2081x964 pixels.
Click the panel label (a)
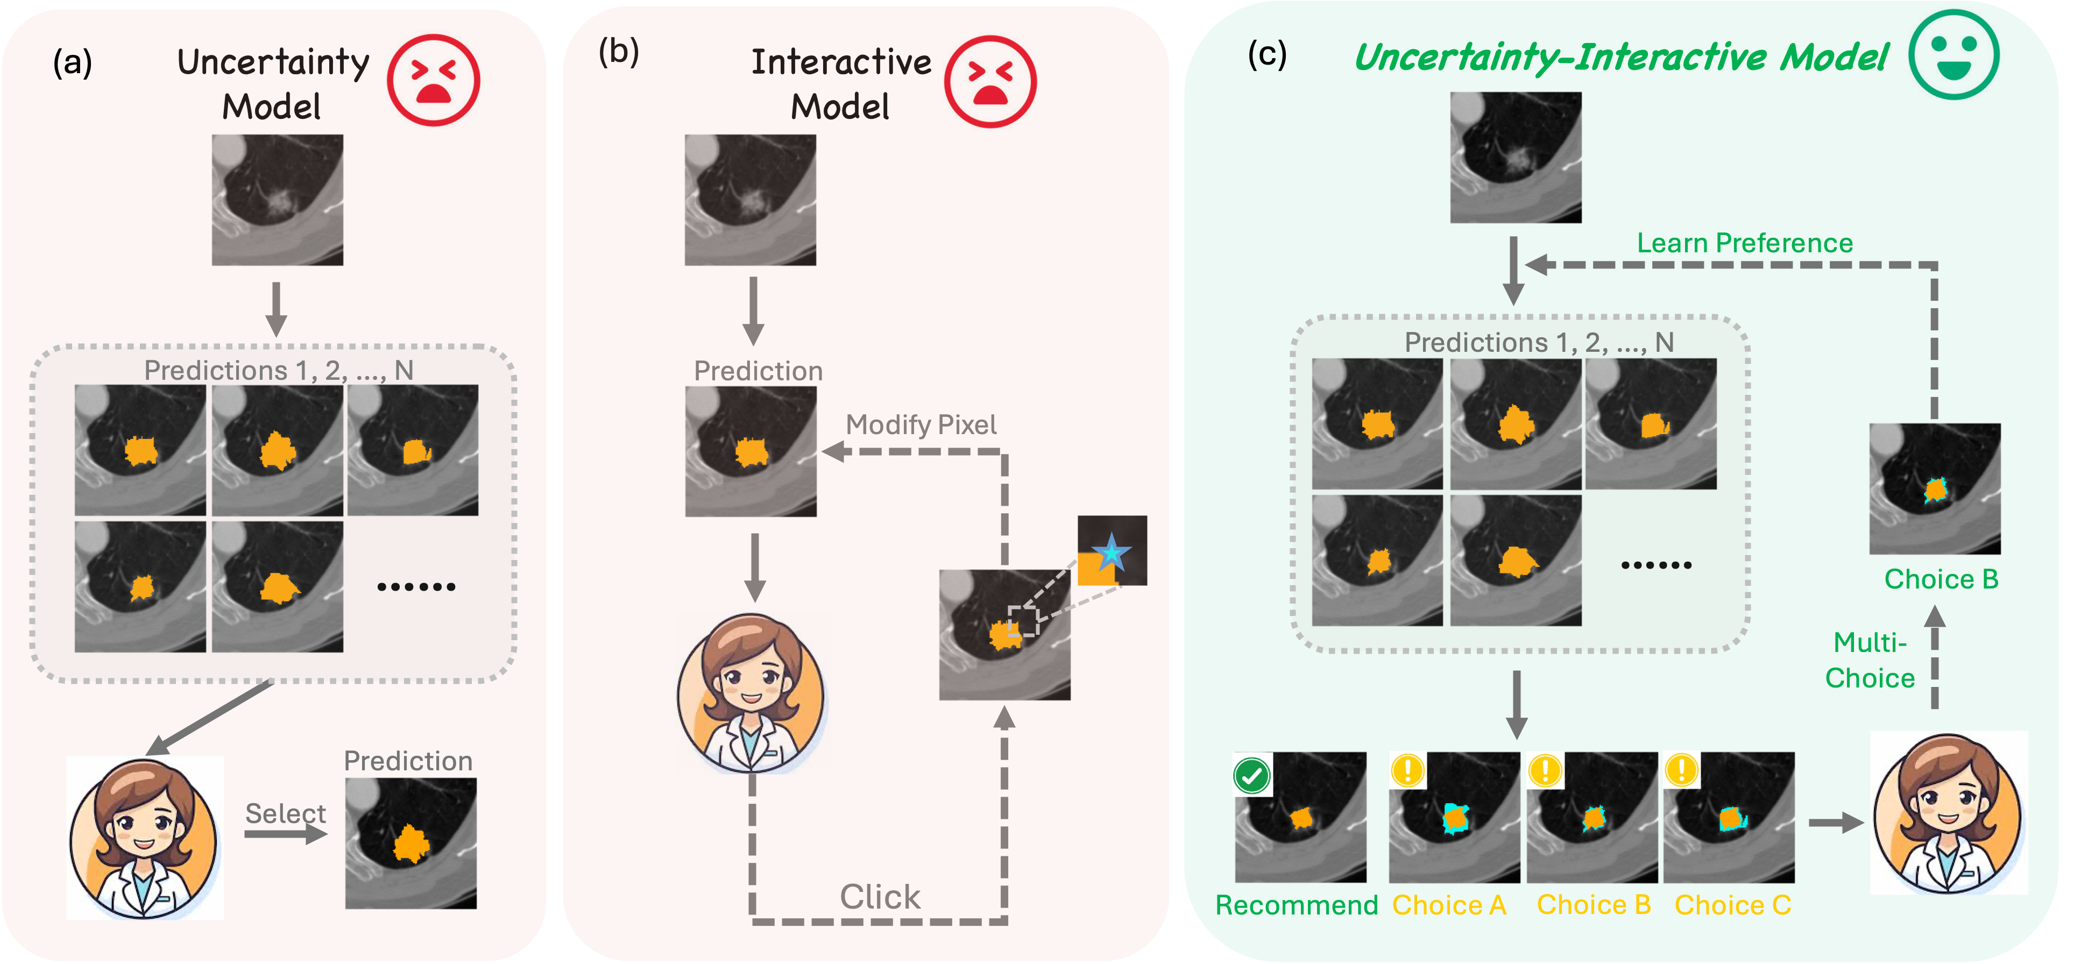73,63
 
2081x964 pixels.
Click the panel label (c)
1266,54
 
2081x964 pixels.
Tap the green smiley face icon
1954,54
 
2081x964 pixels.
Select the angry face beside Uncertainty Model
432,81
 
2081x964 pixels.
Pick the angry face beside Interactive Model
989,82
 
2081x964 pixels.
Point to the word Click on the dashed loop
880,897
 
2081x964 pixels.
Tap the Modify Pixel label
921,424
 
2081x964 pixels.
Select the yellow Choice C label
1733,905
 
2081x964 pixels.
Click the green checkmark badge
1252,776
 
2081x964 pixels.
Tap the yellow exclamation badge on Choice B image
1545,770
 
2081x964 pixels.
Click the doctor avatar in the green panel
1949,812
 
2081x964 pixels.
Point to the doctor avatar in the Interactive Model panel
752,692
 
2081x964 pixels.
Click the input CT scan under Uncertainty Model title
277,200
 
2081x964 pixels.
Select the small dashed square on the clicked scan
1023,621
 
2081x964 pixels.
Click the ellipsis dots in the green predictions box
1656,565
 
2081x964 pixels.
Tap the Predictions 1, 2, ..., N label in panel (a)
279,370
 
